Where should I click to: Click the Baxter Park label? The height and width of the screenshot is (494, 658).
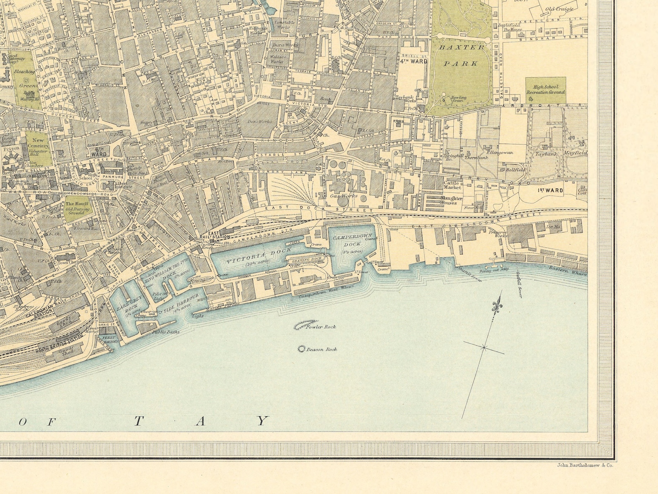tap(462, 55)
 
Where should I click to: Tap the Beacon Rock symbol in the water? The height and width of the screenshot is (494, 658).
tap(301, 349)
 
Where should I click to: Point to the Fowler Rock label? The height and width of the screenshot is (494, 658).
tap(321, 327)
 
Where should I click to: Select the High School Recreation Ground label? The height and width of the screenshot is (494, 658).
tap(546, 89)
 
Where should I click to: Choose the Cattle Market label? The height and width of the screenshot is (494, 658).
tap(452, 185)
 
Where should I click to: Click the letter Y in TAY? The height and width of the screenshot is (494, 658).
tap(262, 421)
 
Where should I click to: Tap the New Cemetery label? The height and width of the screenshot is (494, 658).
tap(38, 143)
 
